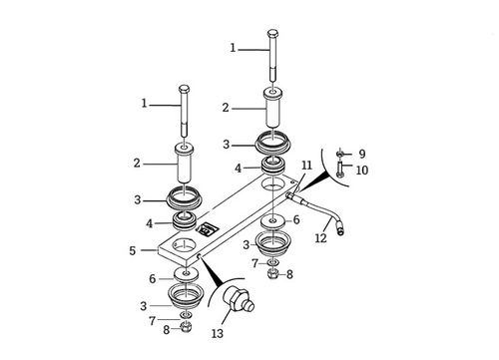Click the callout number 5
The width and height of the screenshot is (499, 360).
(x=133, y=250)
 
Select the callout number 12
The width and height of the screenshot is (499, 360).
(x=321, y=237)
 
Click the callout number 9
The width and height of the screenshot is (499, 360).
(x=361, y=153)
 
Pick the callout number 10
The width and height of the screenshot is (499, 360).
(x=361, y=171)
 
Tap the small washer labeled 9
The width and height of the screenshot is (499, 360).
(x=339, y=153)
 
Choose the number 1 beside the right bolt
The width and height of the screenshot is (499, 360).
(x=234, y=47)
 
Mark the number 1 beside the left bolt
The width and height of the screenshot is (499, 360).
(x=146, y=103)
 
